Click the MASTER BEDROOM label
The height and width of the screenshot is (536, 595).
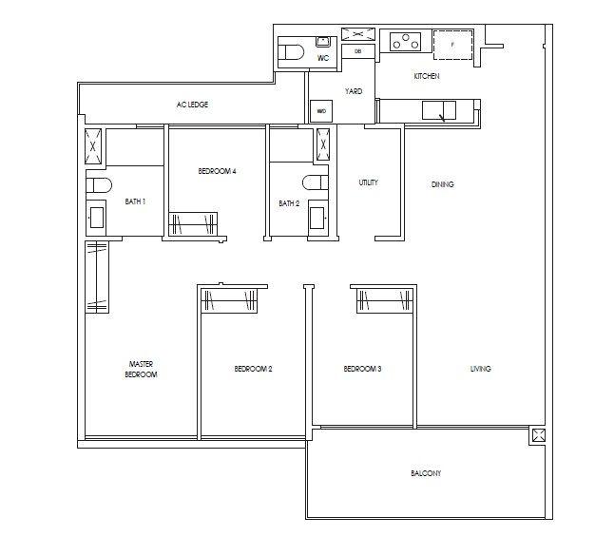141,369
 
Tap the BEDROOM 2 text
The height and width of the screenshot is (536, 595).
253,369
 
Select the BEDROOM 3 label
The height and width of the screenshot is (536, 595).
362,369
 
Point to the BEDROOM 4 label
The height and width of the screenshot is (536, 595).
217,171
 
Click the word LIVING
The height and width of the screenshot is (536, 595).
480,369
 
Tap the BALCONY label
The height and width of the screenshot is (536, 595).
425,473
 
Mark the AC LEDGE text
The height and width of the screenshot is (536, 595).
191,105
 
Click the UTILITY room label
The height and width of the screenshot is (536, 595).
369,182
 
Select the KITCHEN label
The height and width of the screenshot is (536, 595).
425,76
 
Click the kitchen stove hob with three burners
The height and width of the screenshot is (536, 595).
406,43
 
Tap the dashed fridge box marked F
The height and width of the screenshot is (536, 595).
452,45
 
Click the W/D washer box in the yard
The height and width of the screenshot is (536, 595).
321,112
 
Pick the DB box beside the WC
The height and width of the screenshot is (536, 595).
357,51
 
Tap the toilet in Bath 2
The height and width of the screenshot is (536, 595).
315,182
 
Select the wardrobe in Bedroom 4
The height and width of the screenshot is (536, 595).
193,223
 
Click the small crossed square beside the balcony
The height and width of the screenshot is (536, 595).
539,435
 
